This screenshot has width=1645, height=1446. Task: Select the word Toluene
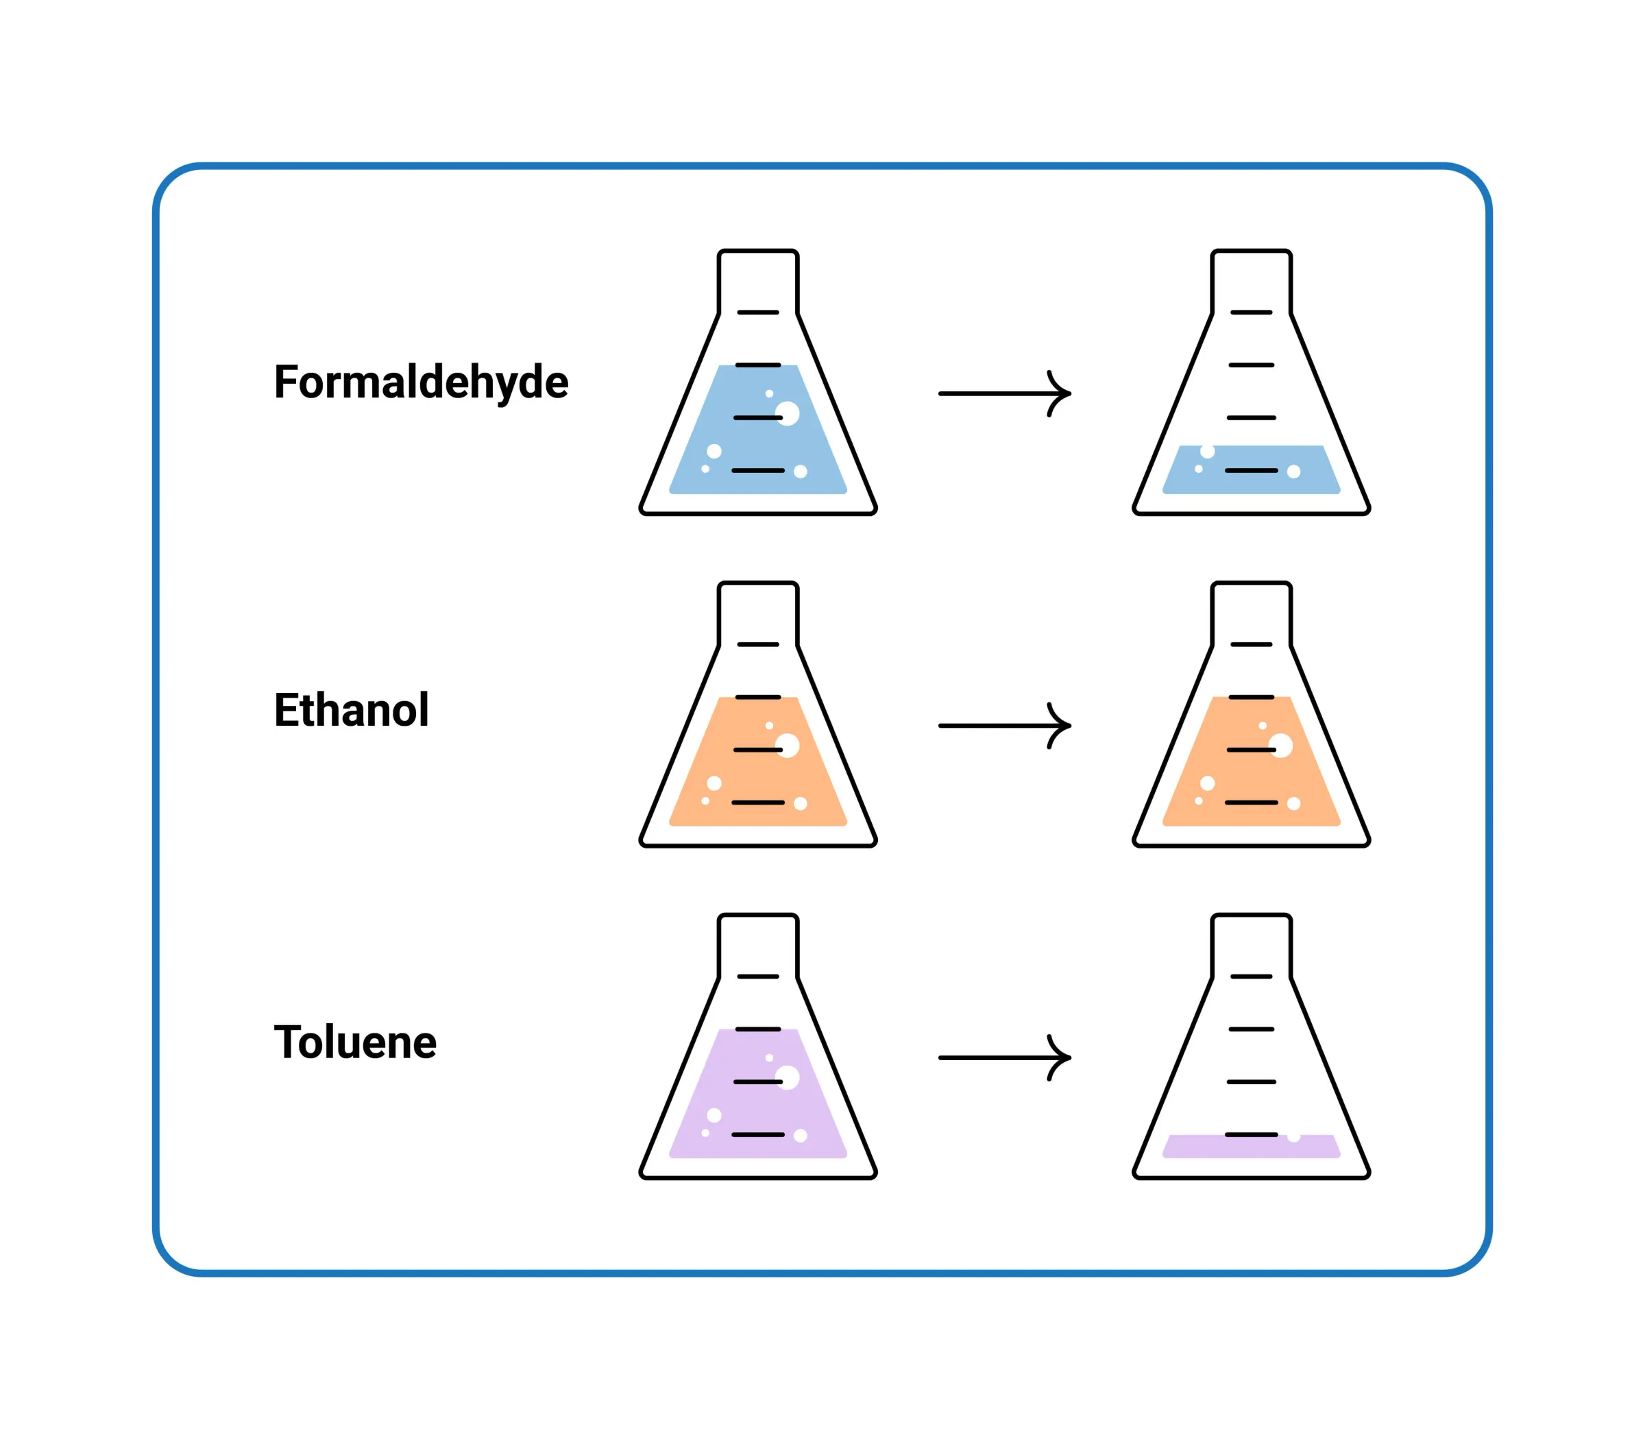pyautogui.click(x=355, y=1042)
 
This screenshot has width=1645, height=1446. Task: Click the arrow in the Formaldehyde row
pyautogui.click(x=1003, y=393)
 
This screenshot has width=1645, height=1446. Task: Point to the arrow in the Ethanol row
pyautogui.click(x=1003, y=725)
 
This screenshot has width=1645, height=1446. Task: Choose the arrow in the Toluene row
pyautogui.click(x=1003, y=1057)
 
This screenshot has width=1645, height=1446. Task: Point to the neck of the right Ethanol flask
pyautogui.click(x=1251, y=613)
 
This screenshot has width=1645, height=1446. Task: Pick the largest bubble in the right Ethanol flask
pyautogui.click(x=1281, y=745)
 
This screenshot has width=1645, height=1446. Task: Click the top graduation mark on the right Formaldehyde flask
pyautogui.click(x=1251, y=313)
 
